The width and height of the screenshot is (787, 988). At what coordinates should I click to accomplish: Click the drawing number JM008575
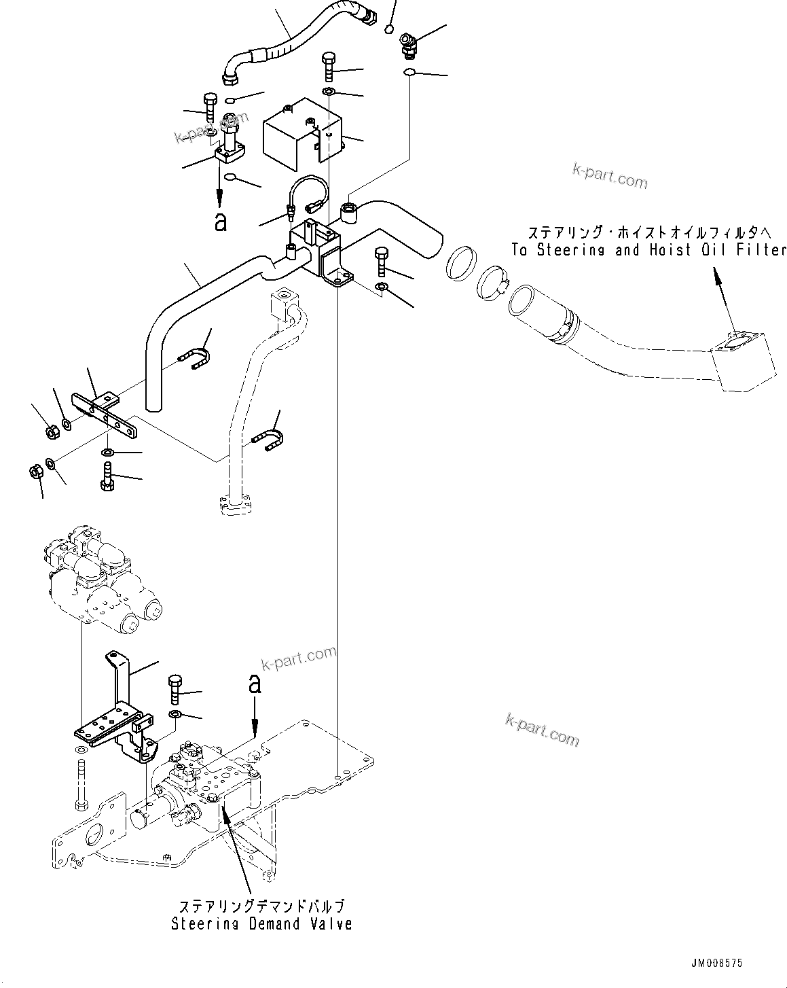tap(717, 963)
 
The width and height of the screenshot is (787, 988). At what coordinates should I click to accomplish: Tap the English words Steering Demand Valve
tap(261, 923)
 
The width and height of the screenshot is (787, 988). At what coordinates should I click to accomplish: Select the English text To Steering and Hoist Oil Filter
tap(648, 249)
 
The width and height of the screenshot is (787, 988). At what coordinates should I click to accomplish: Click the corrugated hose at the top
tap(285, 34)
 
